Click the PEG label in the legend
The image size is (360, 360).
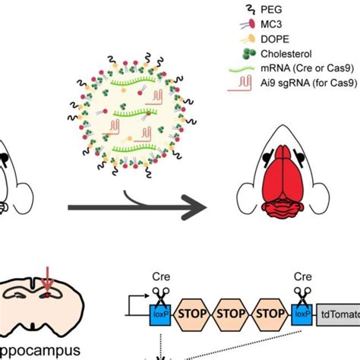[260, 9]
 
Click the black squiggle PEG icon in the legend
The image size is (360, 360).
[229, 9]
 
